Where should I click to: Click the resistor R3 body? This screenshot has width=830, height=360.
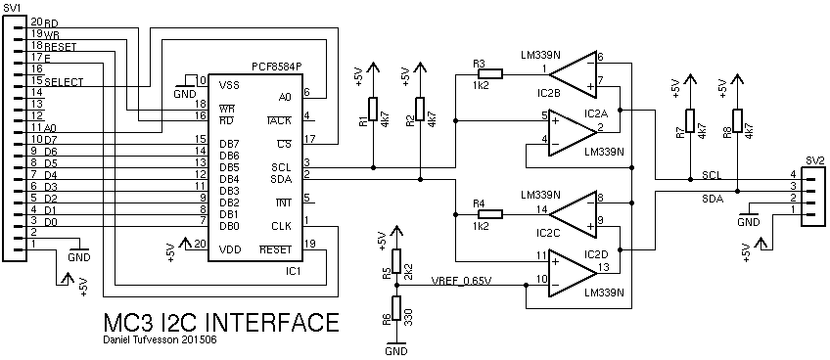[x=490, y=74]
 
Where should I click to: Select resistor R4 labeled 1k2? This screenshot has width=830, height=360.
[x=490, y=214]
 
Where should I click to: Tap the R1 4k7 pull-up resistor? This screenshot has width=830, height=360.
[x=373, y=109]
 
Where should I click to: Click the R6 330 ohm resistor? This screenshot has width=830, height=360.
[x=396, y=308]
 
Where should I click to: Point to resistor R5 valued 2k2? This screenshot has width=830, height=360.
[x=396, y=260]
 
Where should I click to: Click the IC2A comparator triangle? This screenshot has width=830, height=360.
[x=573, y=133]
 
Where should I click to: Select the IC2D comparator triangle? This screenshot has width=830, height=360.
[x=573, y=273]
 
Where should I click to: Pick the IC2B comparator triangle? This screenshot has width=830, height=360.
[x=573, y=74]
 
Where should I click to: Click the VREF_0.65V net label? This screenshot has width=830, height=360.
[x=462, y=280]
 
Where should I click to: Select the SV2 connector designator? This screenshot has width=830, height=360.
[x=813, y=160]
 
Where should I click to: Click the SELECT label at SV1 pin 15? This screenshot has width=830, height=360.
[x=64, y=82]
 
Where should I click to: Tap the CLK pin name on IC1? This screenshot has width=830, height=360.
[x=280, y=226]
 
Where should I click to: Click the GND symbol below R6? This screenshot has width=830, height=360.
[x=396, y=348]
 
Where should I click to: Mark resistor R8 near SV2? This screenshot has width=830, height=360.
[x=737, y=121]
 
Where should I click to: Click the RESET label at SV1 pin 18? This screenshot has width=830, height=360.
[x=61, y=47]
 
